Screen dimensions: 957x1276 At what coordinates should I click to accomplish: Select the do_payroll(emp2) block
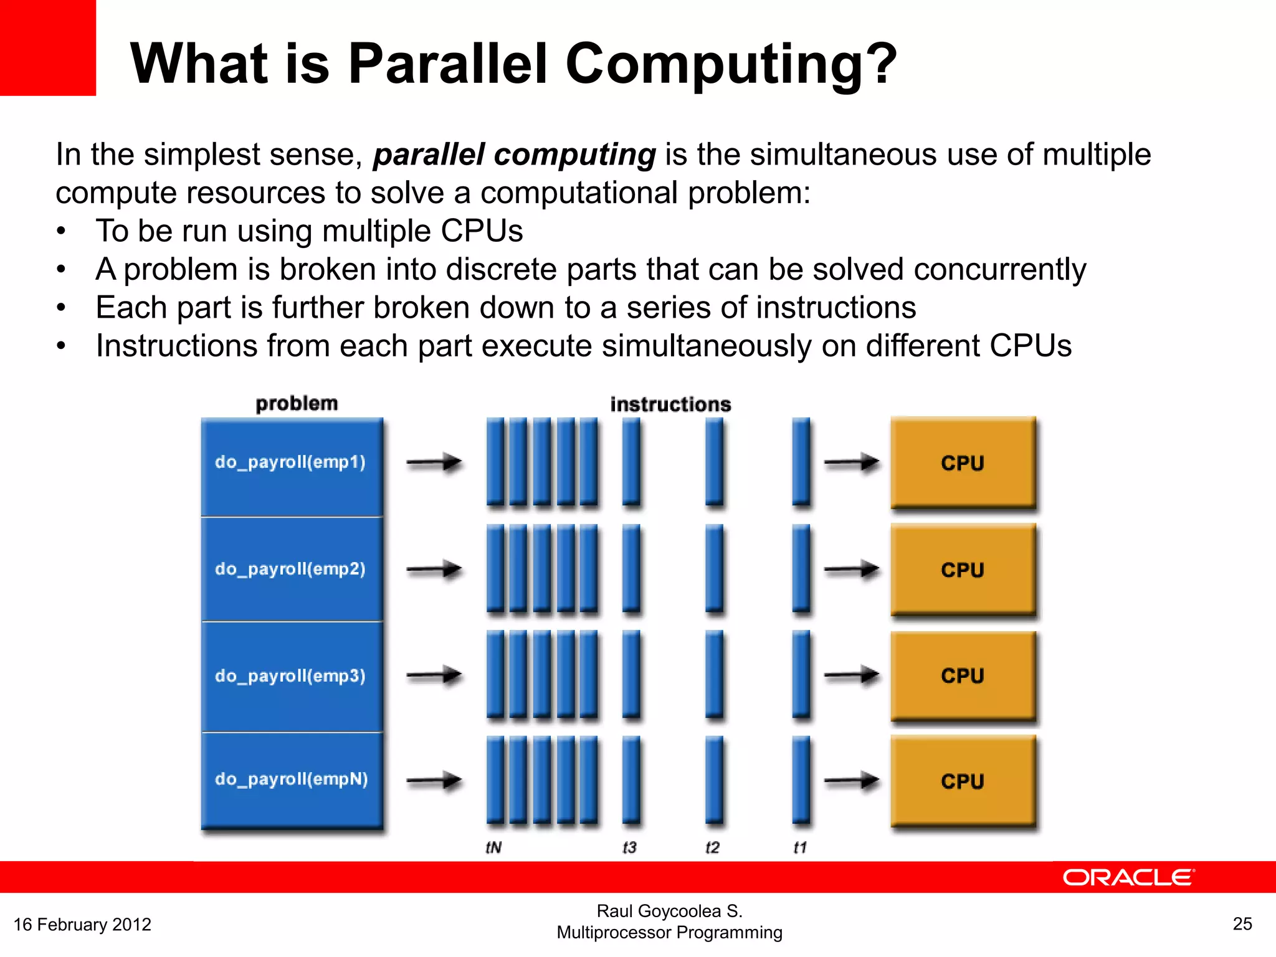(x=291, y=569)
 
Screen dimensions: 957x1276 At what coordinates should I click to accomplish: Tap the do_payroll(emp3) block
(x=291, y=676)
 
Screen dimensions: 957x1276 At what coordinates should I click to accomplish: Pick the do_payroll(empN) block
(x=291, y=780)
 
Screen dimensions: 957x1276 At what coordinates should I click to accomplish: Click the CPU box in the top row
(x=963, y=463)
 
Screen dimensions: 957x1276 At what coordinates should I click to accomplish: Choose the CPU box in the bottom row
(x=963, y=781)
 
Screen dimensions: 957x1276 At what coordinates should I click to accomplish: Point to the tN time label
(x=493, y=847)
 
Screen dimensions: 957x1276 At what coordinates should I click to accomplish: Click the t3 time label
(x=629, y=847)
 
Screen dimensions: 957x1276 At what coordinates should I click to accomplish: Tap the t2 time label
(x=712, y=847)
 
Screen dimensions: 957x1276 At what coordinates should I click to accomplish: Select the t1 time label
(x=800, y=847)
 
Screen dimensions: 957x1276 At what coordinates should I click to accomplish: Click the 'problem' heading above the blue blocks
(x=297, y=404)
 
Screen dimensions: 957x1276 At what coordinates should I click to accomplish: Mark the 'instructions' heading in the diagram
(x=670, y=404)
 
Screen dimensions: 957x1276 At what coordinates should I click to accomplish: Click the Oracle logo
(x=1128, y=877)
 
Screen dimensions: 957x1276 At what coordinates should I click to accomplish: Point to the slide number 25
(x=1242, y=924)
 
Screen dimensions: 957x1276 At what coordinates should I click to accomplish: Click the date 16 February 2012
(x=82, y=925)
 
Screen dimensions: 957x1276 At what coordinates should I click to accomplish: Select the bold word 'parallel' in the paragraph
(x=429, y=155)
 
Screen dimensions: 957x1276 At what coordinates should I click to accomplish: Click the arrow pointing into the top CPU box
(x=851, y=462)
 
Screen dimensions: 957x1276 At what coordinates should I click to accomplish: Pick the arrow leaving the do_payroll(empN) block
(x=434, y=780)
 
